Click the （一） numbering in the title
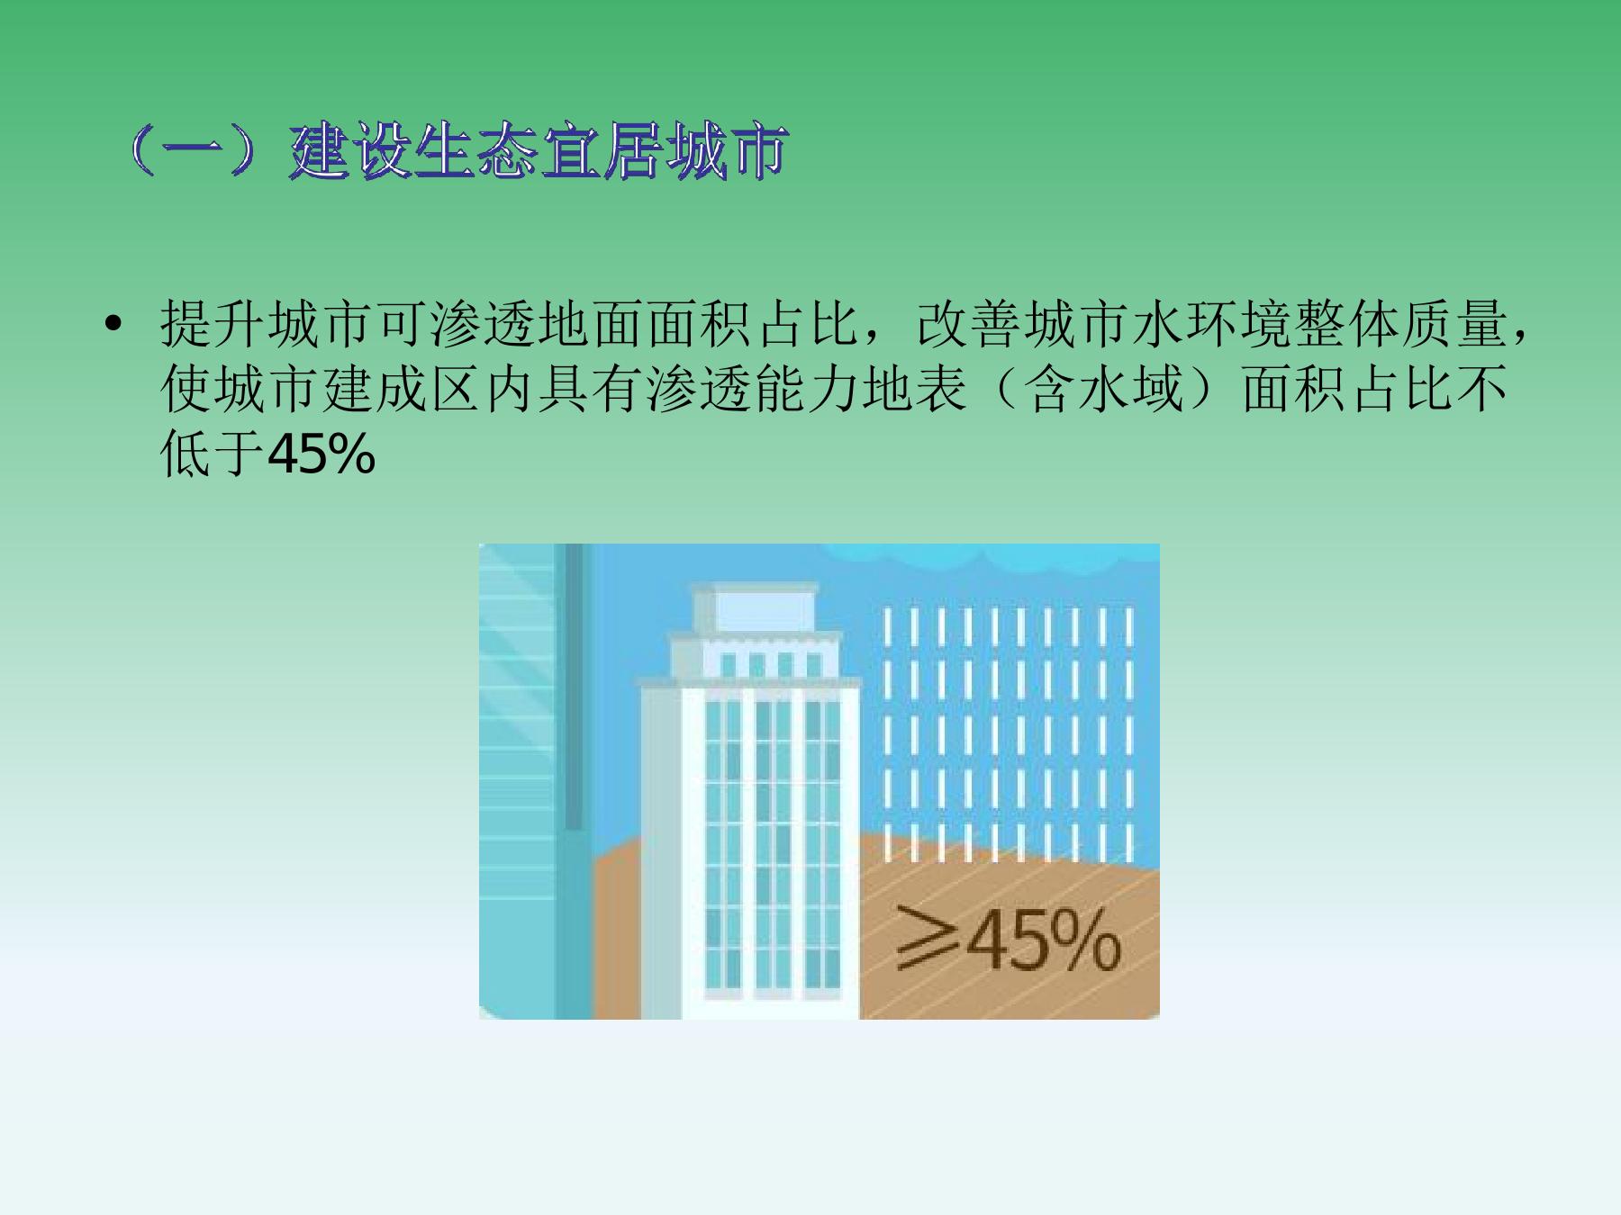[206, 151]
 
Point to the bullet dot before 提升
[113, 325]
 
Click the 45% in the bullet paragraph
[321, 455]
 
